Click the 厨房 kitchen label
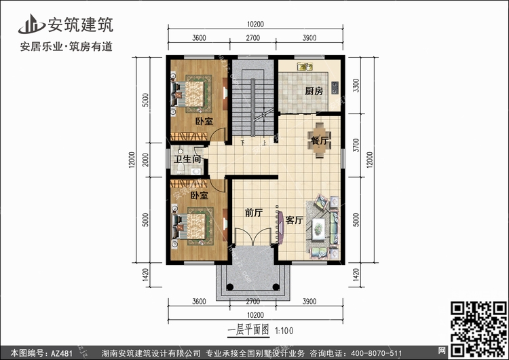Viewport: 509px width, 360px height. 314,91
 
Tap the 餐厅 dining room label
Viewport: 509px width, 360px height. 319,141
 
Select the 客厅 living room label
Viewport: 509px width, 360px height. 295,220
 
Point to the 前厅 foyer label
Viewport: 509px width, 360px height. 254,213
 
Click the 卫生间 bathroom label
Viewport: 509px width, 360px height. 187,159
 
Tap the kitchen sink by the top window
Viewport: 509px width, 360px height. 305,67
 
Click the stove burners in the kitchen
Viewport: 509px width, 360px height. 335,88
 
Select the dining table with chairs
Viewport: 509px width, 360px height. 320,140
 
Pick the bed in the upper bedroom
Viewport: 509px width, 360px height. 194,94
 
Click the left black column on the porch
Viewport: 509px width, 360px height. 230,287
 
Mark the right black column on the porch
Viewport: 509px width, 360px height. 276,287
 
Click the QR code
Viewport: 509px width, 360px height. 479,330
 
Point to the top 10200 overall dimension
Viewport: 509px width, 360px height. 255,24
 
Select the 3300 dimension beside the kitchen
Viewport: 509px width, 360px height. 356,86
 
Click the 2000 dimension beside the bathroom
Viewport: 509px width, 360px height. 146,160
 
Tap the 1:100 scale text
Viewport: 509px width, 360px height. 284,331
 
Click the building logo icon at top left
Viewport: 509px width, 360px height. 31,24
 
